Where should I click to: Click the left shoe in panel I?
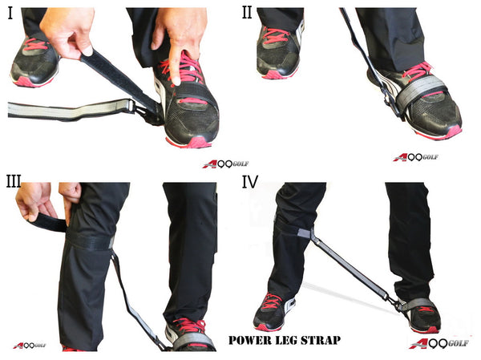click(x=34, y=62)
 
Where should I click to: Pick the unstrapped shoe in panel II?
click(x=278, y=52)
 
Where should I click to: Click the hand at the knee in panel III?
click(x=40, y=200)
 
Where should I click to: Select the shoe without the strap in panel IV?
click(x=273, y=311)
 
